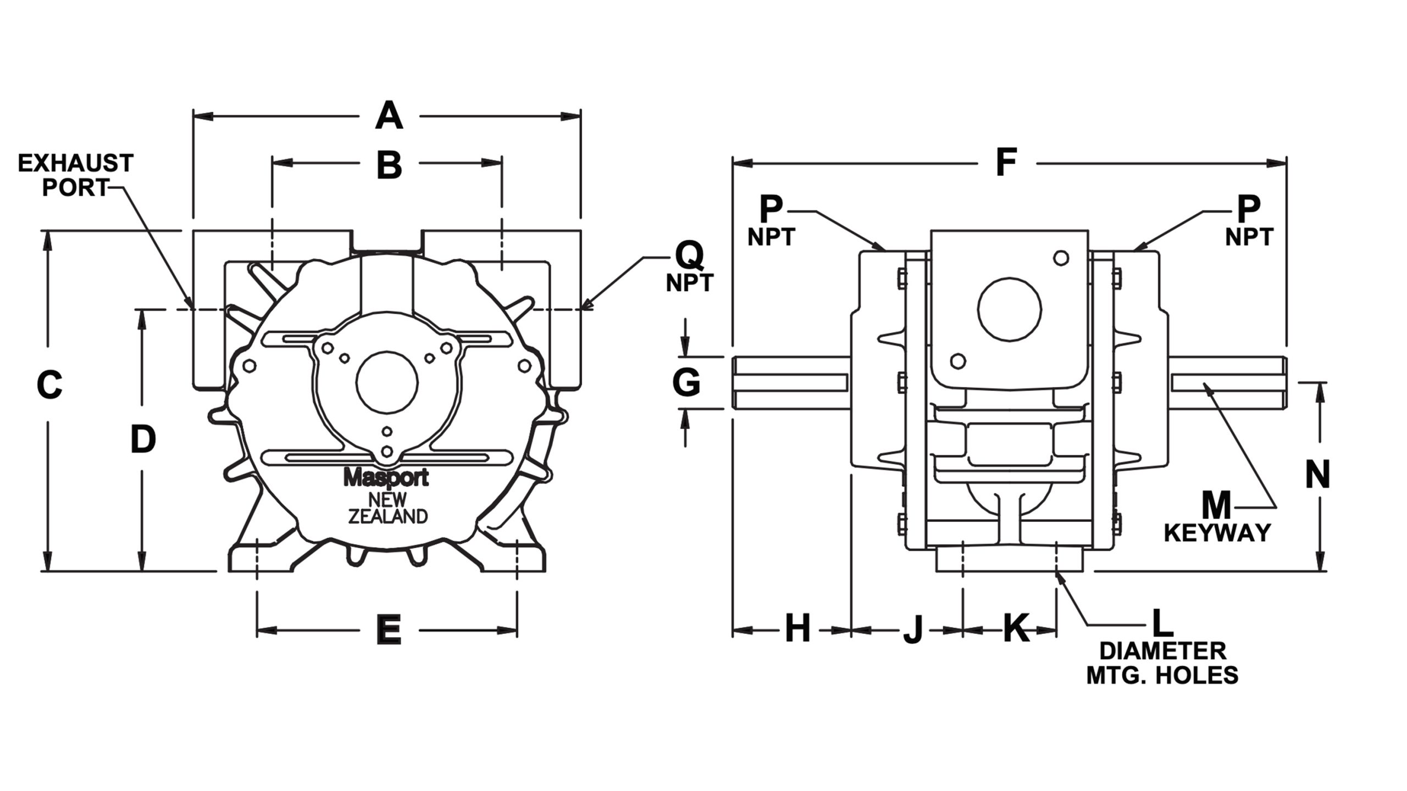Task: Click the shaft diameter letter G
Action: coord(686,382)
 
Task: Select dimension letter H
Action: coord(797,628)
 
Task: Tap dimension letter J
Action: coord(913,630)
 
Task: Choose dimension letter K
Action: coord(1017,628)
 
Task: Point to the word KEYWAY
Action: coord(1217,533)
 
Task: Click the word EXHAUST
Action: coord(76,163)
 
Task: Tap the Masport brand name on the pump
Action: coord(386,478)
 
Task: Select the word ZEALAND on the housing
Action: coord(388,516)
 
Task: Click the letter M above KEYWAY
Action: coord(1216,506)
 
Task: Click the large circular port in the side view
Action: coord(1009,308)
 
